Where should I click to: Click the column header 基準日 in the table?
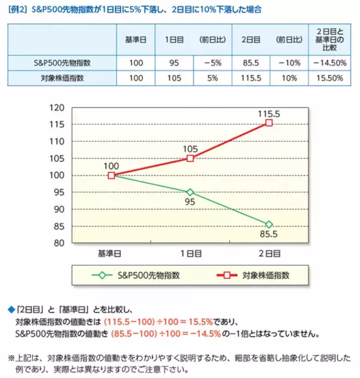coord(136,39)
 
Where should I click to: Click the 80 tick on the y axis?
coord(58,243)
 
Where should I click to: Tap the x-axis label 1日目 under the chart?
coord(190,253)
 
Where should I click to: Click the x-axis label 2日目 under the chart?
coord(269,253)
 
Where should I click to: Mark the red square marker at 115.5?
coord(269,122)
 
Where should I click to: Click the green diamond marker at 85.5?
coord(269,224)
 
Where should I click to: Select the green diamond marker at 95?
coord(190,192)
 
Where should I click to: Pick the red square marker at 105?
coord(190,158)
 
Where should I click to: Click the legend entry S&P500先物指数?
coord(144,275)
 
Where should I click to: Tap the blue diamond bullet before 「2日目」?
coord(10,309)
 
